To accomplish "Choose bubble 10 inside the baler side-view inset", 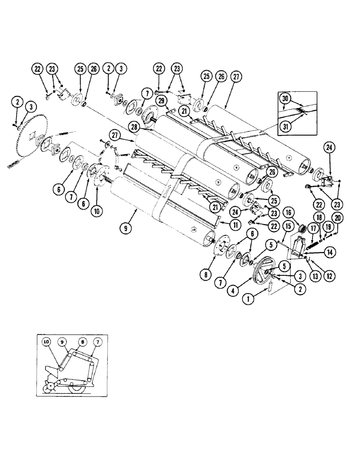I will (x=46, y=342).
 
